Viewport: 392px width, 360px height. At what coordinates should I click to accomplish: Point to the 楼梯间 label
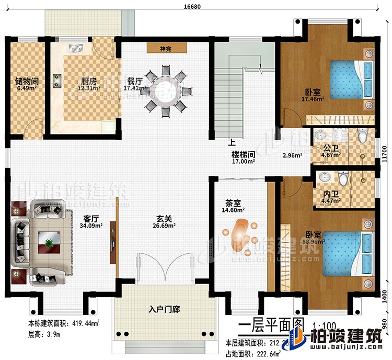(244, 155)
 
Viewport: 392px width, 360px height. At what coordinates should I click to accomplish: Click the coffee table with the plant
(48, 242)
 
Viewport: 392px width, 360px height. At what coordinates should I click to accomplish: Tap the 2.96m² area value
(292, 155)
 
